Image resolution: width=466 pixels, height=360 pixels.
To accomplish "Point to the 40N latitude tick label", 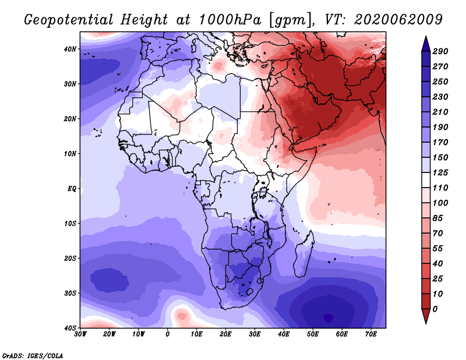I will click(x=69, y=49).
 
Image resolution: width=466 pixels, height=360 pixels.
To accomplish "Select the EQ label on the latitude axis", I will click(x=72, y=188).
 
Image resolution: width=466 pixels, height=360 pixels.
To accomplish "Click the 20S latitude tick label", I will click(x=69, y=258).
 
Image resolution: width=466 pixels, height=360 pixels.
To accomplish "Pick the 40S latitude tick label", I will click(x=69, y=327).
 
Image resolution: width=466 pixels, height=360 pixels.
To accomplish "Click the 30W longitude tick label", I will click(x=80, y=334).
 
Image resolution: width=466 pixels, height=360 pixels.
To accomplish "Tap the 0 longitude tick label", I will click(x=168, y=334).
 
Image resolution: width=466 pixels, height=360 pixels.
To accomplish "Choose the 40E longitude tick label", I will click(x=284, y=334).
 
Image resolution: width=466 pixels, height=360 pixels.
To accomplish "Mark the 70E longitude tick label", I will click(x=371, y=334).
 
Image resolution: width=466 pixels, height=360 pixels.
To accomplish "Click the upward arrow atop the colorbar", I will click(x=426, y=43).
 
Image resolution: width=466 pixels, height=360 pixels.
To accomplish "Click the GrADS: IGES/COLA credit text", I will click(x=32, y=354).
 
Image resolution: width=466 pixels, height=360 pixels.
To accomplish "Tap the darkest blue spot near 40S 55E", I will click(x=328, y=317).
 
